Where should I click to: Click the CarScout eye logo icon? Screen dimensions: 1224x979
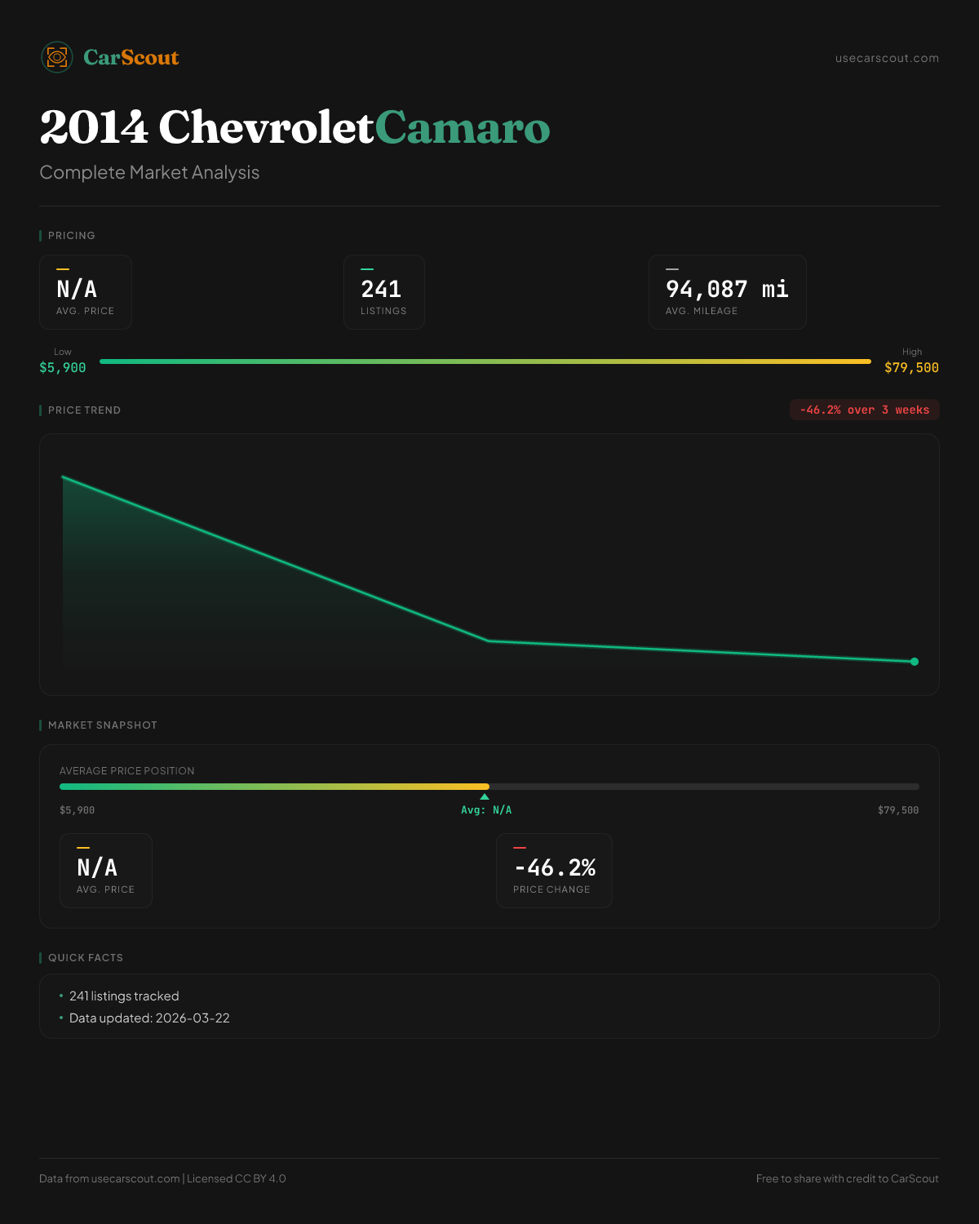coord(57,57)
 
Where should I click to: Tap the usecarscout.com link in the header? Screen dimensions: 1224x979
coord(887,58)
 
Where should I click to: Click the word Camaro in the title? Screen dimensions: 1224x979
coord(463,128)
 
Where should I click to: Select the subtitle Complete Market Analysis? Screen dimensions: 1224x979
coord(149,172)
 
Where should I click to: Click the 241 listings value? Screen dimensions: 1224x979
coord(381,289)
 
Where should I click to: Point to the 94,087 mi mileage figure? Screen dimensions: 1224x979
coord(727,289)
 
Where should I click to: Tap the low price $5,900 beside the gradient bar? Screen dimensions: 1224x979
coord(63,368)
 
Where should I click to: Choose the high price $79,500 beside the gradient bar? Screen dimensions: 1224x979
coord(911,368)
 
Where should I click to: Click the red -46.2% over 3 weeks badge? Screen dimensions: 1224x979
coord(864,410)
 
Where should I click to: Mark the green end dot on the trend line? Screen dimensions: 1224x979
coord(914,662)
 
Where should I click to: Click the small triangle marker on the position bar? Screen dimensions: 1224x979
coord(485,796)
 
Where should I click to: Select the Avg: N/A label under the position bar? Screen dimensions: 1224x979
coord(486,810)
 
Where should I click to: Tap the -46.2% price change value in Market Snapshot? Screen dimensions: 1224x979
coord(555,867)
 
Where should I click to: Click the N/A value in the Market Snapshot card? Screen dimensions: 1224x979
coord(97,867)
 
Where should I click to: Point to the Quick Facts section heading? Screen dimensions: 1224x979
coord(85,958)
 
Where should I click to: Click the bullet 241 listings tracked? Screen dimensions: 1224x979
coord(124,996)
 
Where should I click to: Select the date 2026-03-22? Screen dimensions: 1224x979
coord(193,1018)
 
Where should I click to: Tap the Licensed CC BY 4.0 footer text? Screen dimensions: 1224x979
coord(237,1178)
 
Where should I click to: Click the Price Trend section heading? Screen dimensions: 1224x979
coord(84,410)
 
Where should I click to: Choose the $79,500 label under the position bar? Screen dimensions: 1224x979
coord(897,810)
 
